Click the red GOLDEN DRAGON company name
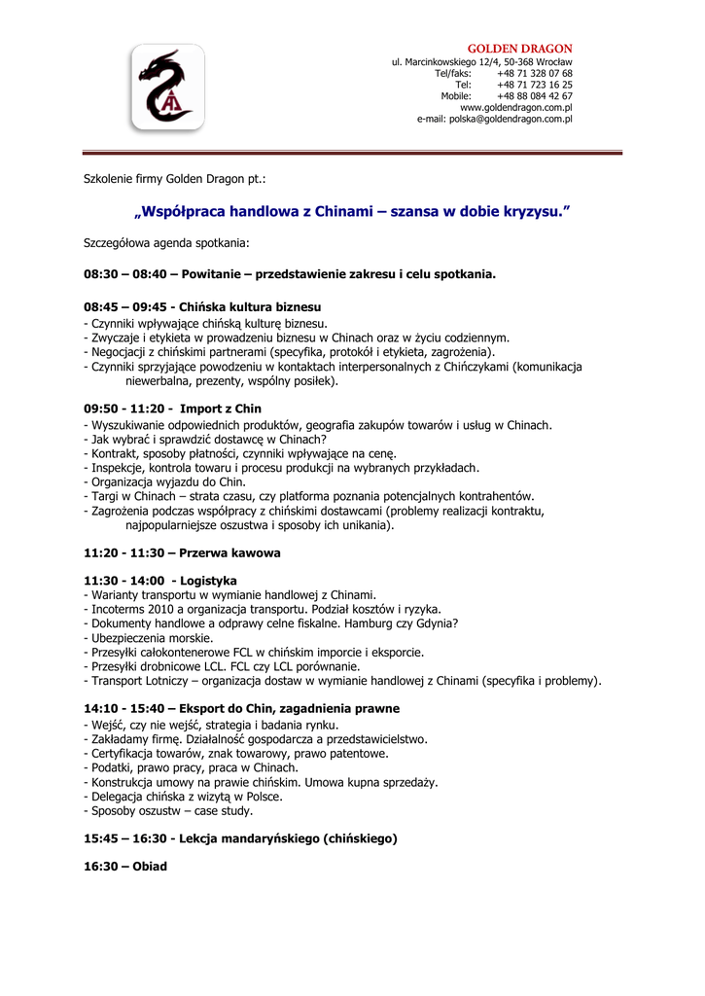(x=520, y=49)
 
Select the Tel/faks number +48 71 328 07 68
(x=534, y=73)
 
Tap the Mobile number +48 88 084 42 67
(x=534, y=96)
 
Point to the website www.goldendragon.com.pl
(x=515, y=108)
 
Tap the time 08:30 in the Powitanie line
(x=100, y=274)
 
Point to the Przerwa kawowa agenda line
(x=182, y=552)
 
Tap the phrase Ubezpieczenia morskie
(x=151, y=638)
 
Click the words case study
(x=226, y=810)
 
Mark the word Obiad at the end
(x=150, y=866)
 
